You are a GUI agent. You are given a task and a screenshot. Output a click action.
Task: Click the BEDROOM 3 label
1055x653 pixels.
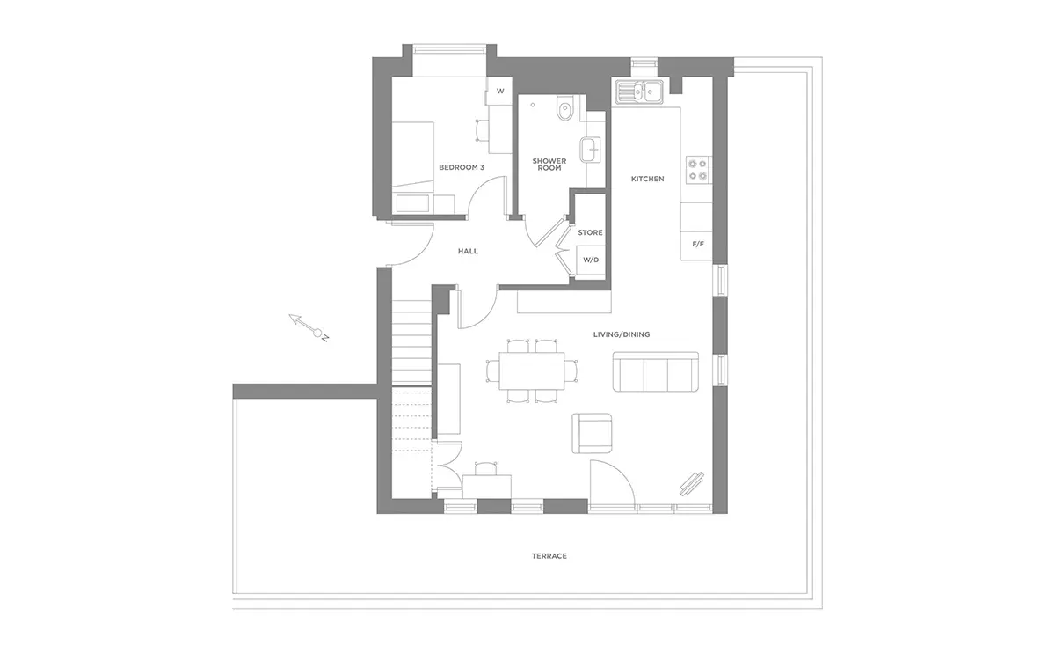click(462, 167)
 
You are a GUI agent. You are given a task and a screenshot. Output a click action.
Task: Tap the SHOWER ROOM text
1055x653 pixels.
click(549, 165)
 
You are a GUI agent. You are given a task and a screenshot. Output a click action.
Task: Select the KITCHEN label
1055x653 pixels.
click(648, 179)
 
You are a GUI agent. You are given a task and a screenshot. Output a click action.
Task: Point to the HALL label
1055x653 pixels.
click(468, 252)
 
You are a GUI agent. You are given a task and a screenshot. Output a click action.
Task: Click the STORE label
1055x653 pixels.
click(590, 232)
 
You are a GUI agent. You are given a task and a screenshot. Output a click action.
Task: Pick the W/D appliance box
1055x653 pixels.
click(591, 260)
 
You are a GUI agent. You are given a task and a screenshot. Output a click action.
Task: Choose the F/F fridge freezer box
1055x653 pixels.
click(696, 246)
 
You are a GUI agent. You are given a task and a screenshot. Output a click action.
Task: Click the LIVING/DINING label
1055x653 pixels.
click(622, 334)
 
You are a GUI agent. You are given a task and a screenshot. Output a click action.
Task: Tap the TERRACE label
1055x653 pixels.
click(549, 556)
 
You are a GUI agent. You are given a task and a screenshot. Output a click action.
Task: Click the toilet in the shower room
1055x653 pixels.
click(564, 109)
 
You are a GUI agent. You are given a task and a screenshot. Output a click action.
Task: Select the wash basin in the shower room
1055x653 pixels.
click(591, 150)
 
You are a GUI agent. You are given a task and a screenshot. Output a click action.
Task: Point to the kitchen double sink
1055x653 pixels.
click(639, 92)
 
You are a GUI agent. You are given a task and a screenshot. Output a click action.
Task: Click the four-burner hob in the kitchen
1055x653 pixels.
click(697, 170)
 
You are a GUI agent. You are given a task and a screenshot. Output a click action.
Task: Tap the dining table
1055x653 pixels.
click(532, 371)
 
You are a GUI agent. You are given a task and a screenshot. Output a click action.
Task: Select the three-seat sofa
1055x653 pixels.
click(656, 371)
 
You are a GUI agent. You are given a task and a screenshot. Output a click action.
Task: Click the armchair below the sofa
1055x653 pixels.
click(592, 433)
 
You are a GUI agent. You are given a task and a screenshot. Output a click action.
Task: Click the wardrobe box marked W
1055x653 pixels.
click(499, 91)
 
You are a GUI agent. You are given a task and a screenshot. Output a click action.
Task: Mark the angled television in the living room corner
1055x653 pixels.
click(691, 484)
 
